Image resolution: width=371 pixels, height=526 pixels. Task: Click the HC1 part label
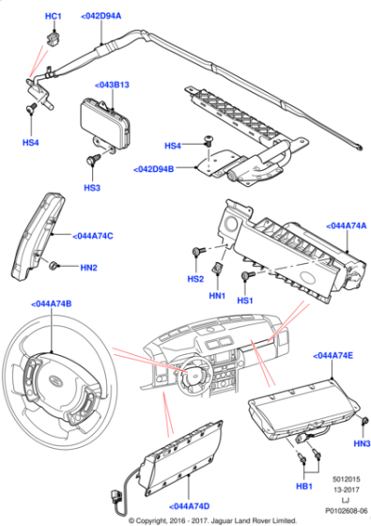pyautogui.click(x=54, y=17)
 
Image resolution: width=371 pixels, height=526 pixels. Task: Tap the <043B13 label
pyautogui.click(x=113, y=85)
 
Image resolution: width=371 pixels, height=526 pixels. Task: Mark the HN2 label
pyautogui.click(x=87, y=268)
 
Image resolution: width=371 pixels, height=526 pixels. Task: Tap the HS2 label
pyautogui.click(x=195, y=279)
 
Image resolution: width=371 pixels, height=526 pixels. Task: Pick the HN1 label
pyautogui.click(x=218, y=296)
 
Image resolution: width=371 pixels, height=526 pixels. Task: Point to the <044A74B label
pyautogui.click(x=51, y=304)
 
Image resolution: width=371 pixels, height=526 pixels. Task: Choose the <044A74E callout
pyautogui.click(x=332, y=356)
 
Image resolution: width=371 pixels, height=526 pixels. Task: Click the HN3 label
pyautogui.click(x=361, y=442)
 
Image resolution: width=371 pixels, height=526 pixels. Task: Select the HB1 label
pyautogui.click(x=304, y=486)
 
